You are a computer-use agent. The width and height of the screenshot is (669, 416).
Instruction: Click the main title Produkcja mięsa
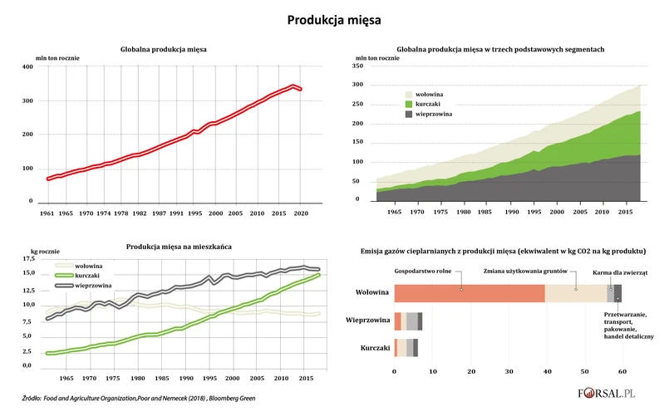click(334, 18)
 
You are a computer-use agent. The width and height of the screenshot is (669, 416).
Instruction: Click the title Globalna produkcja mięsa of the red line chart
click(164, 50)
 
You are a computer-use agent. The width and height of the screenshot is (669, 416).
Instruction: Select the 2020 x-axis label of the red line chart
click(301, 213)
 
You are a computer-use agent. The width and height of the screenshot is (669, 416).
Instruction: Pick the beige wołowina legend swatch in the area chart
click(408, 95)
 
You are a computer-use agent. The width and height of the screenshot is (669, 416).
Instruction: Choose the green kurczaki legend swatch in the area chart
click(408, 104)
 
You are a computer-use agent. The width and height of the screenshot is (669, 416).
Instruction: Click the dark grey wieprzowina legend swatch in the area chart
click(408, 114)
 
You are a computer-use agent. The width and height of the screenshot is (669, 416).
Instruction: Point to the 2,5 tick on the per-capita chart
click(27, 351)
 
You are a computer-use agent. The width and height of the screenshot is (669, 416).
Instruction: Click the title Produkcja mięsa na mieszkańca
click(179, 247)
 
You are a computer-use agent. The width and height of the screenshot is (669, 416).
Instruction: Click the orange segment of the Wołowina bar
click(469, 293)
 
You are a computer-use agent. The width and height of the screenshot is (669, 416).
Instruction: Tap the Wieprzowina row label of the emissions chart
click(366, 320)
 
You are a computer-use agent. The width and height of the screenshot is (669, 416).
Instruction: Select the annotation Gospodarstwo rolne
click(422, 271)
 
